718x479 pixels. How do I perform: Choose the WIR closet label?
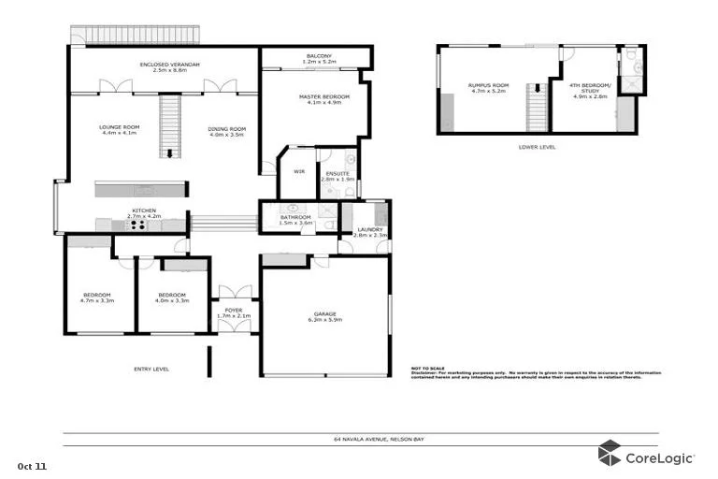point(299,172)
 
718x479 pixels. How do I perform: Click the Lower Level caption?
point(537,147)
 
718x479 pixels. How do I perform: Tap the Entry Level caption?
point(151,370)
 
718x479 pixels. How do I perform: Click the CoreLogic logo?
point(646,457)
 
